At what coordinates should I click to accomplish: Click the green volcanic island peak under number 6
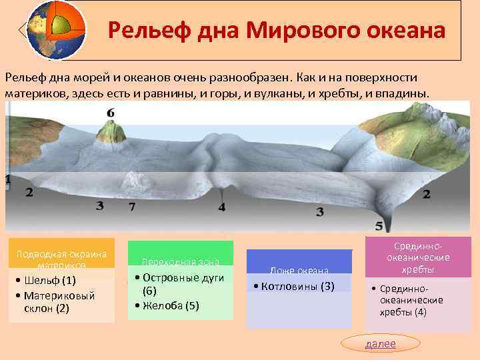[x=111, y=130]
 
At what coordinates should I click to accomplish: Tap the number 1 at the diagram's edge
[x=7, y=179]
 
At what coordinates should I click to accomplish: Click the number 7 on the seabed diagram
[x=131, y=207]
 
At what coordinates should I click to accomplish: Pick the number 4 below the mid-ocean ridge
[x=221, y=208]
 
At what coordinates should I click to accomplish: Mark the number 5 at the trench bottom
[x=379, y=226]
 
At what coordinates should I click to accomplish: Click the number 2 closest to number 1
[x=29, y=193]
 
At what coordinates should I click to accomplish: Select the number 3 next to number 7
[x=99, y=206]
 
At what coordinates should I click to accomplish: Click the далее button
[x=380, y=343]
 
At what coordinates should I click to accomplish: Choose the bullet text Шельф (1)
[x=49, y=279]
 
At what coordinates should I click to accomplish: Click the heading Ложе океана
[x=299, y=271]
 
